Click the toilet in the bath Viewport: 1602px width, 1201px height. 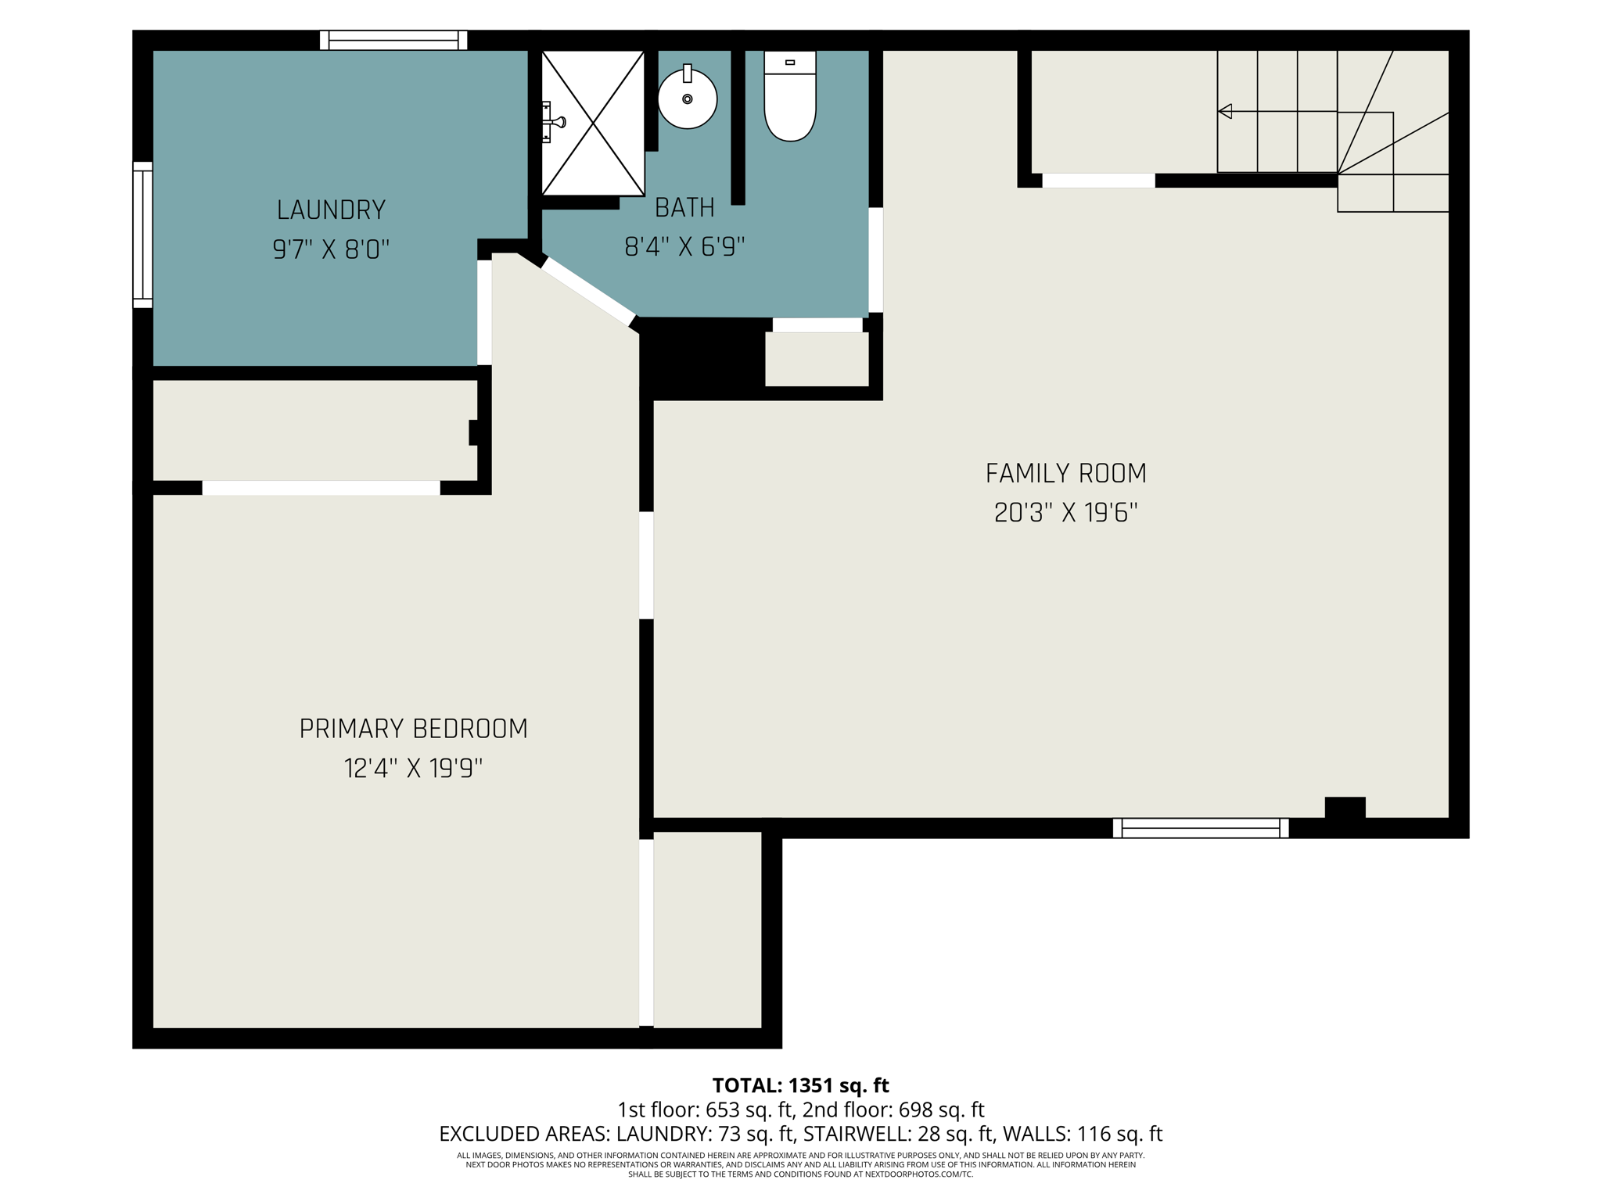coord(790,98)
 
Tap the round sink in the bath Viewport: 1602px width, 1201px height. coord(688,99)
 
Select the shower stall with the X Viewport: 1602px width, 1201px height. coord(594,123)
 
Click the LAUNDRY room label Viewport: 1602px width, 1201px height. coord(331,210)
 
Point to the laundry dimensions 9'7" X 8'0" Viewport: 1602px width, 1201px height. coord(331,249)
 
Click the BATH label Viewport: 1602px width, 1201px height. coord(684,207)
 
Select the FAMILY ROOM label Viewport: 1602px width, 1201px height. coord(1065,473)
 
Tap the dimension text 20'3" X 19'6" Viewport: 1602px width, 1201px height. coord(1065,513)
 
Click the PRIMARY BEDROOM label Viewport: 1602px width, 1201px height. coord(413,729)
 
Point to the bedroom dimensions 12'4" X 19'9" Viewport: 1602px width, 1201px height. coord(413,769)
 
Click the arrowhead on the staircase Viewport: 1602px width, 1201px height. coord(1225,112)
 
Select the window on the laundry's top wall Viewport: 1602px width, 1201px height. coord(393,40)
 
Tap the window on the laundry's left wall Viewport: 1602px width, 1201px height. coord(142,235)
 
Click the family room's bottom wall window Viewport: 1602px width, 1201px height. coord(1200,828)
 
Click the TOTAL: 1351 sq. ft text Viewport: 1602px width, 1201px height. coord(800,1085)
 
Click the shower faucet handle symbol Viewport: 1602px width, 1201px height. coord(556,122)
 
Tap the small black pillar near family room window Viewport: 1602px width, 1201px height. coord(1345,808)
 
